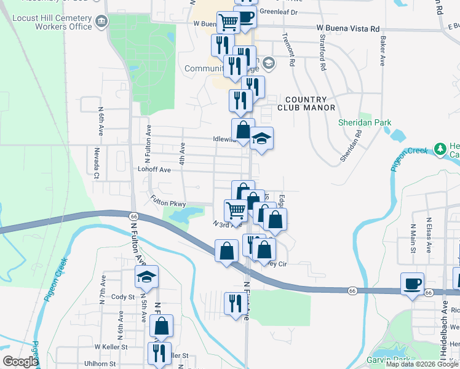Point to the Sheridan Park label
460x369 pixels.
pos(365,122)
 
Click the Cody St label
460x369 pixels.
pos(123,296)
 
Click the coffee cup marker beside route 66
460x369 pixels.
pos(413,284)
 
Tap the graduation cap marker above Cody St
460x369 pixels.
pos(147,277)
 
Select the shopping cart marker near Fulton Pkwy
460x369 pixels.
pos(236,210)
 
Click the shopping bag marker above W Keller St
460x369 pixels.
pos(161,326)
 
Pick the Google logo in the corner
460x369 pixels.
pos(21,362)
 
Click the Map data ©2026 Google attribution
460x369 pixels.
pos(422,364)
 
